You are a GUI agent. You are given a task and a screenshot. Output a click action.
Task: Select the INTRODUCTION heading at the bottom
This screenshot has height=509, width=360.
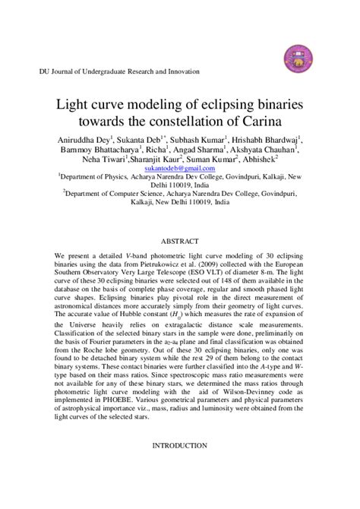click(180, 466)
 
